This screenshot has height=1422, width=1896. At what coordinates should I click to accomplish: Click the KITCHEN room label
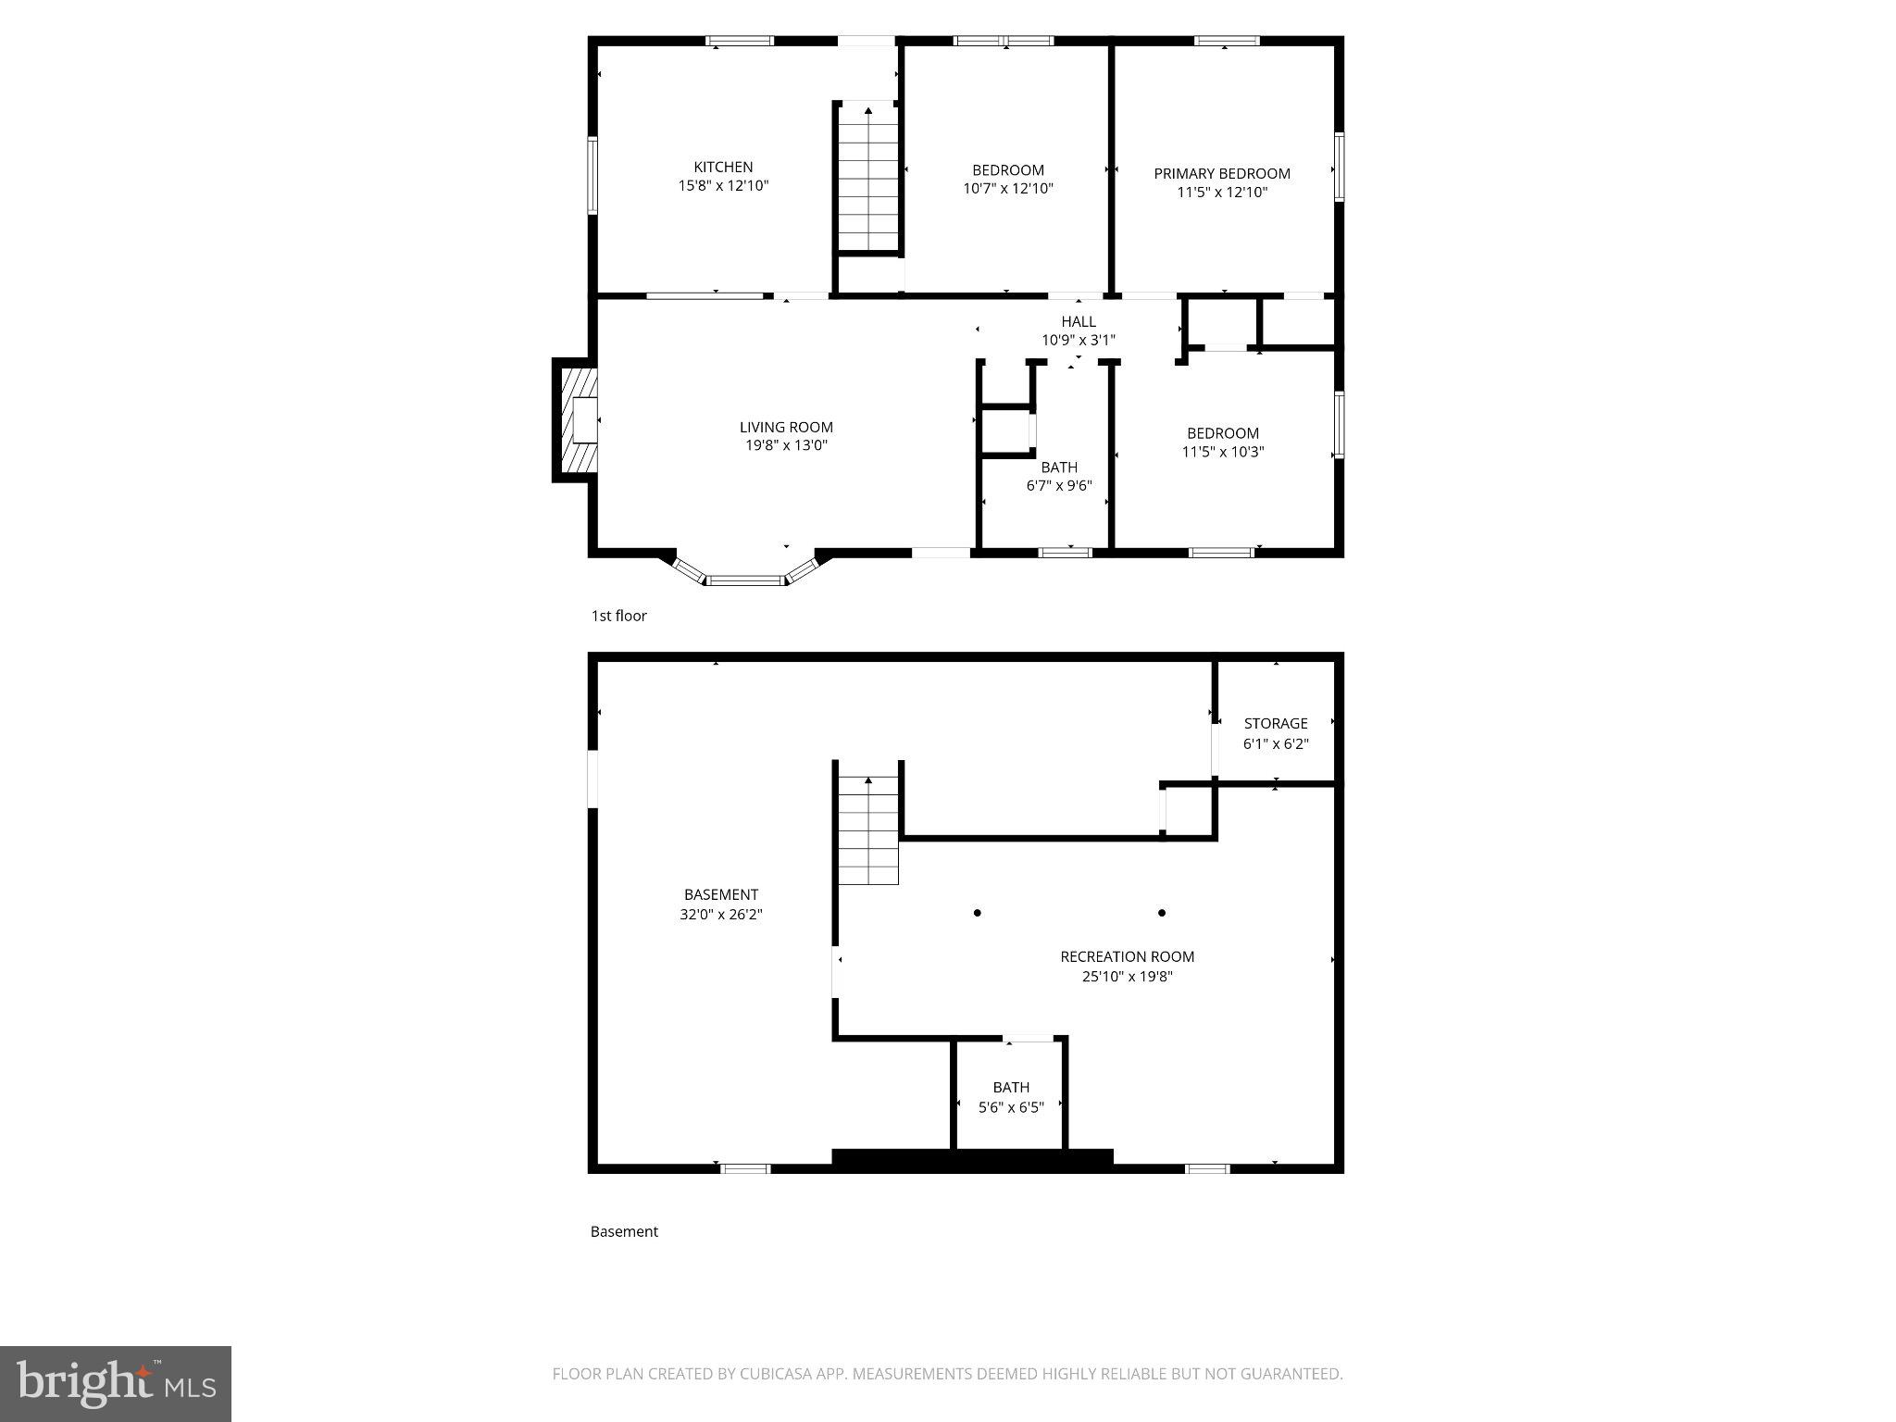pos(723,167)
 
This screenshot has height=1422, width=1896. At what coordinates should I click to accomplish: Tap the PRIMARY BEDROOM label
pos(1221,173)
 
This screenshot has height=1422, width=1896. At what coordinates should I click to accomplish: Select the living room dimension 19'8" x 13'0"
pos(786,445)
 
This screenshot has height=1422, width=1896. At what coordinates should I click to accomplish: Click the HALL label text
pos(1078,321)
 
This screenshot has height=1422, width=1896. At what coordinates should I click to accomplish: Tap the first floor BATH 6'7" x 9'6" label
pos(1059,476)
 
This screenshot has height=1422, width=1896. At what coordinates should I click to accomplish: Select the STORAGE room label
pos(1275,723)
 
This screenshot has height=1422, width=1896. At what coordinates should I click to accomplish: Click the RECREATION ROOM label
pos(1127,956)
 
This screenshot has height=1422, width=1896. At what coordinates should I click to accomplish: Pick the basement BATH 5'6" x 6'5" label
pos(1011,1096)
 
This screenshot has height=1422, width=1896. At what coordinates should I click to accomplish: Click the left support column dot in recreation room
pos(977,913)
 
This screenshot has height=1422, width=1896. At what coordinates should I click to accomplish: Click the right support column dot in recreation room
pos(1161,913)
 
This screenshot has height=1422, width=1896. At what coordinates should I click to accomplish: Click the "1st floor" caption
pos(618,616)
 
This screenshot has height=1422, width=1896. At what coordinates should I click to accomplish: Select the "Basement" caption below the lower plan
pos(624,1231)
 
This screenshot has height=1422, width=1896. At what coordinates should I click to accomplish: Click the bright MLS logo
pos(115,1383)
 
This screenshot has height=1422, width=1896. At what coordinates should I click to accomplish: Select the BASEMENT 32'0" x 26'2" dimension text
pos(720,915)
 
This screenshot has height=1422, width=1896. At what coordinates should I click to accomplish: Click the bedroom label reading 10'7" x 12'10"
pos(1007,188)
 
